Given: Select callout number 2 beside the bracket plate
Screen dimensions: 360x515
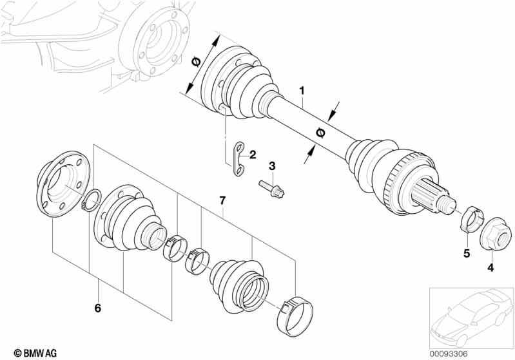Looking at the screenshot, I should point(253,155).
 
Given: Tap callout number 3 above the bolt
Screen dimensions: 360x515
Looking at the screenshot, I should point(272,167).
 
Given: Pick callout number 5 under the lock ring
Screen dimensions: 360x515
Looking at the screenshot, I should point(466,254).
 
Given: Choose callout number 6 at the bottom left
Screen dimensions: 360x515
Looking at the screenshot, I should point(98,308).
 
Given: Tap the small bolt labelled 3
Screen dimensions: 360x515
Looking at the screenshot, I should point(275,188).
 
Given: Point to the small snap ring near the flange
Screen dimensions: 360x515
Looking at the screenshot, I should point(92,200).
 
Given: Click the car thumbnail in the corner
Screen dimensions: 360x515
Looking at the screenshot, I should point(471,315).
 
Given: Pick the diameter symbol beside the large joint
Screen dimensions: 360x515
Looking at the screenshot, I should point(196,63).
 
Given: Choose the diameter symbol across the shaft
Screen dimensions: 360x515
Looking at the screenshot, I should point(320,133).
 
